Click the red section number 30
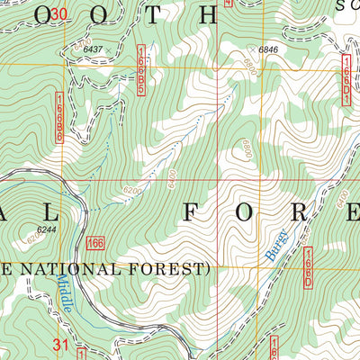click(x=58, y=13)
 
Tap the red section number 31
click(x=60, y=345)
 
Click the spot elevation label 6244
click(x=36, y=228)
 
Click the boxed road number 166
click(x=97, y=243)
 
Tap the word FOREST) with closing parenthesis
click(x=176, y=268)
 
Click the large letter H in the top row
click(x=206, y=15)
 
